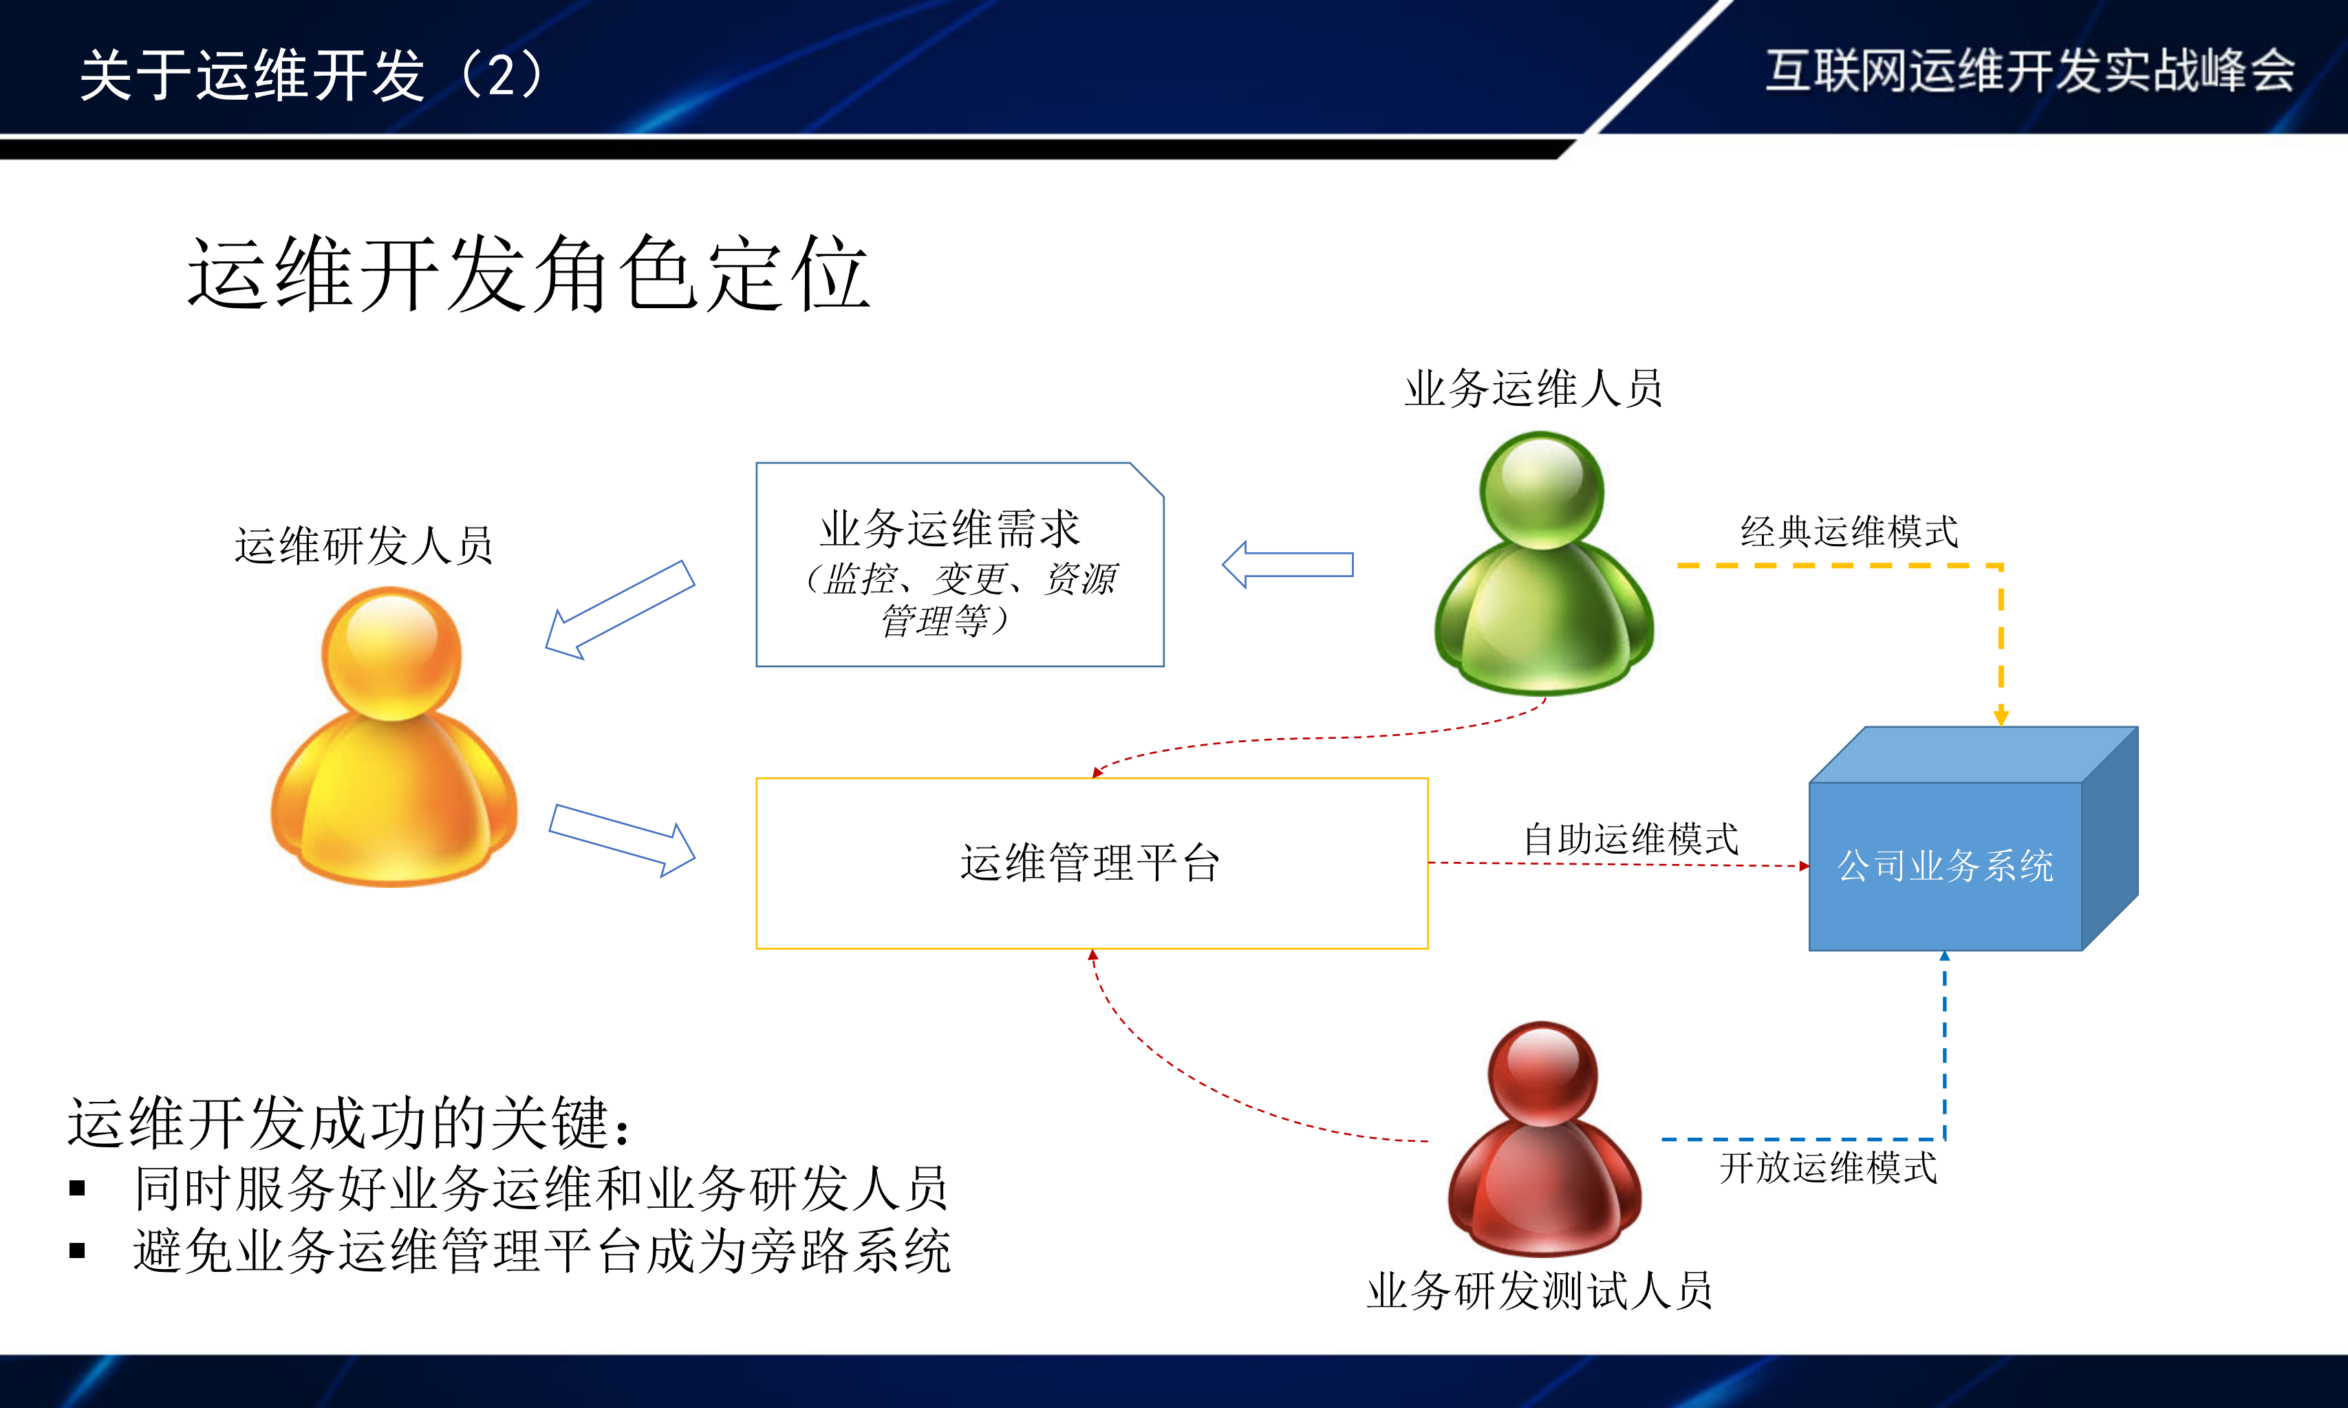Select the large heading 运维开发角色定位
[528, 274]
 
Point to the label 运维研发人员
[363, 545]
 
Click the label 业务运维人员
[1533, 388]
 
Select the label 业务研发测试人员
[1539, 1290]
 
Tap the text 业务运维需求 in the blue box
[949, 528]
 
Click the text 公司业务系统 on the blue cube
[1945, 865]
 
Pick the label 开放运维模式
[1828, 1167]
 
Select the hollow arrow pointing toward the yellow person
[618, 610]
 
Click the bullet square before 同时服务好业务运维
[78, 1188]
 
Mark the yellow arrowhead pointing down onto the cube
[2001, 716]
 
